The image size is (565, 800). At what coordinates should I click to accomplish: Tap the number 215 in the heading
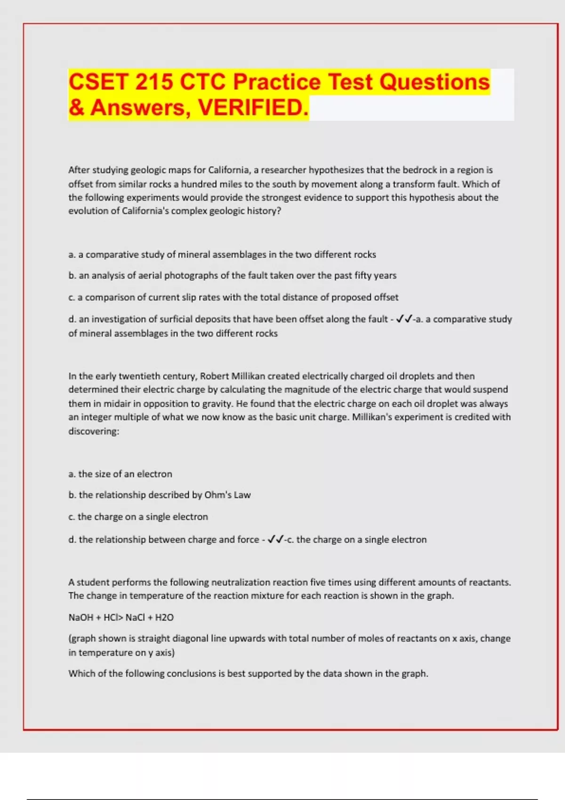(x=154, y=82)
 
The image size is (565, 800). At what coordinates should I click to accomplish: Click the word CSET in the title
(x=98, y=82)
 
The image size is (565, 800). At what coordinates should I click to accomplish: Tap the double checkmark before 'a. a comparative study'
(x=404, y=319)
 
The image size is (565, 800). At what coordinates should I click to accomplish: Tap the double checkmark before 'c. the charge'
(x=275, y=539)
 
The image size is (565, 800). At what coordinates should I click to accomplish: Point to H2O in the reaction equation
(x=164, y=617)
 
